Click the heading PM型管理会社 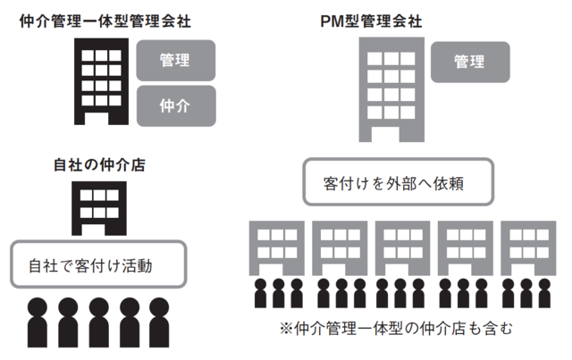(383, 20)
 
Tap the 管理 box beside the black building (176, 61)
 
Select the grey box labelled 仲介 (176, 105)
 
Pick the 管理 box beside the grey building (470, 62)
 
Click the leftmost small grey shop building (274, 245)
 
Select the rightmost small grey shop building (525, 245)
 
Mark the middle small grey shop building (400, 245)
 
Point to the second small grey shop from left (337, 245)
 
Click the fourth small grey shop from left (462, 245)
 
